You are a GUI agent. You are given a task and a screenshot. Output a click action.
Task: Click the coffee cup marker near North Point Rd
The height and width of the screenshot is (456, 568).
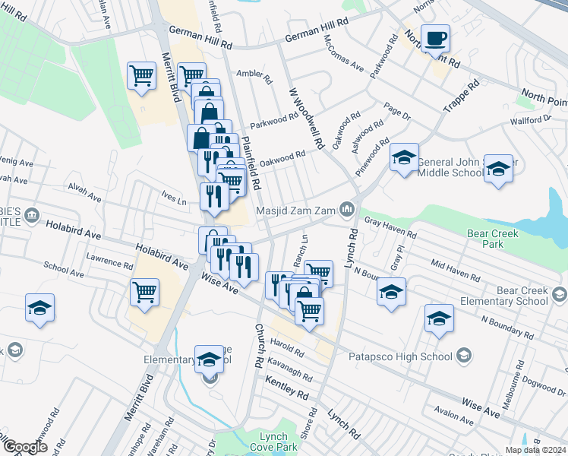tap(436, 39)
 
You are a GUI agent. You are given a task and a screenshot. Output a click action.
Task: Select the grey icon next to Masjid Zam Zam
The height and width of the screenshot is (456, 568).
tap(347, 208)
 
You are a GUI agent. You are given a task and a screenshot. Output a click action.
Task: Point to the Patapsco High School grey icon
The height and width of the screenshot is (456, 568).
tap(462, 356)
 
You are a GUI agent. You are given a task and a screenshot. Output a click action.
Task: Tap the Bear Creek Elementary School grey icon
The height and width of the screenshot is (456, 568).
tap(560, 295)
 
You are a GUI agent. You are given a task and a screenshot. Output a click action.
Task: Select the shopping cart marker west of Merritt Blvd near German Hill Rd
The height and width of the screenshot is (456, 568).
tap(142, 76)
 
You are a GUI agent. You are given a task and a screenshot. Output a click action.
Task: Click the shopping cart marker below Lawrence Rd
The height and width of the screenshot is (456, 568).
tap(144, 291)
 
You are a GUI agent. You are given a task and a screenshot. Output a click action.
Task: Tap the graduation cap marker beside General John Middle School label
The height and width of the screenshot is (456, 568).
tap(405, 158)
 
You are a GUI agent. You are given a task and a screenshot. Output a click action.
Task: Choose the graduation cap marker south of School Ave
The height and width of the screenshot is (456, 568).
tap(39, 308)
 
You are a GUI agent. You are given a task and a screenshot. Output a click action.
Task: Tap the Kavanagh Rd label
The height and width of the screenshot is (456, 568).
tap(288, 372)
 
